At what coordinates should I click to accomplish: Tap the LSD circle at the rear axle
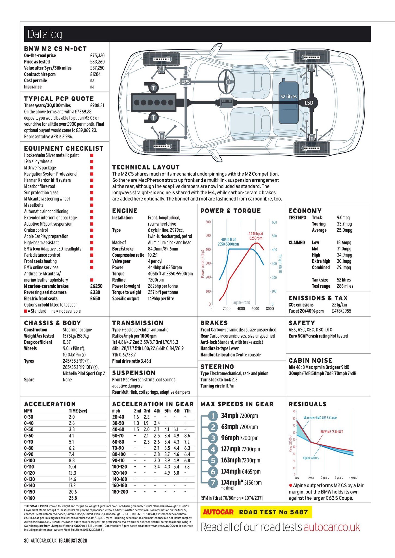pos(309,103)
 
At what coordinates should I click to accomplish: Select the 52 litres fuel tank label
pos(288,96)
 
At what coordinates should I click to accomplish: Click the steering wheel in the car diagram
pos(226,82)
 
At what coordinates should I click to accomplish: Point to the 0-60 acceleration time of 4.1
pos(71,436)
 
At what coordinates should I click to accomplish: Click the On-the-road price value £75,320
pos(97,56)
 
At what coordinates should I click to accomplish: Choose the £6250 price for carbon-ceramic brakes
pos(96,286)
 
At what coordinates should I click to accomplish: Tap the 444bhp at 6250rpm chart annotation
pos(256,236)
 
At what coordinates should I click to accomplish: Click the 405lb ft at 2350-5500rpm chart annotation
pos(228,242)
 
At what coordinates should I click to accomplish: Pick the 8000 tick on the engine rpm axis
pos(270,308)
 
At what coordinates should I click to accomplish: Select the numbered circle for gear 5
pos(213,460)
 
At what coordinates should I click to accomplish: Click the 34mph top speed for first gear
pos(230,416)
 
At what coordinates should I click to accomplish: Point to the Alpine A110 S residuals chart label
pos(311,458)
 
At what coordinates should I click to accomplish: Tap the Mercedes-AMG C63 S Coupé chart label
pos(320,418)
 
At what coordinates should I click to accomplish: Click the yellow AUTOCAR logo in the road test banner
pos(218,512)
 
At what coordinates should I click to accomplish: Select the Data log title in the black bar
pos(45,34)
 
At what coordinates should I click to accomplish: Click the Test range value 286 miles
pos(345,286)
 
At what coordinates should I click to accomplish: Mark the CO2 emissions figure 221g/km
pos(339,305)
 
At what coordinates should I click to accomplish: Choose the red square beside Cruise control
pos(92,230)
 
